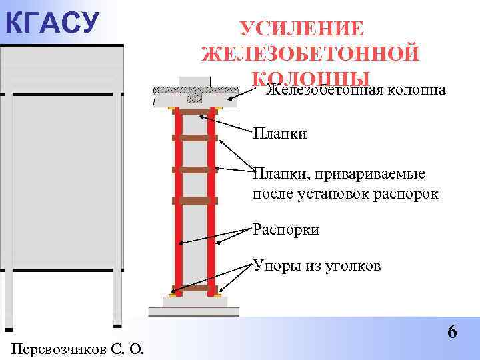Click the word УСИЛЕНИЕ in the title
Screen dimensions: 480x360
coord(302,29)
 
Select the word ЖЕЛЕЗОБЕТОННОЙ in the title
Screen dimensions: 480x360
coord(310,53)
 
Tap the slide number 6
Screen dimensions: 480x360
coord(452,331)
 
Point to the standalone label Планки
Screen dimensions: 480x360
coord(280,134)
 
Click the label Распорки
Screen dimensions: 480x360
coord(286,229)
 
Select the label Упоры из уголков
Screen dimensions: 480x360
coord(317,266)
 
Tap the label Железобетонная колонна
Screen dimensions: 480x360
coord(355,91)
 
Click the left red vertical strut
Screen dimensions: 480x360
coord(179,200)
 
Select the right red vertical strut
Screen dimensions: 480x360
coord(211,200)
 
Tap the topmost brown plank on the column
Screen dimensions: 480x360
coord(195,112)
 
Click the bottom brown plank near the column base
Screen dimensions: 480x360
coord(195,289)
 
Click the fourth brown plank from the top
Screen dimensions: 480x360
coord(195,200)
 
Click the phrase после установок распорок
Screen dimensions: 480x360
coord(345,194)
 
